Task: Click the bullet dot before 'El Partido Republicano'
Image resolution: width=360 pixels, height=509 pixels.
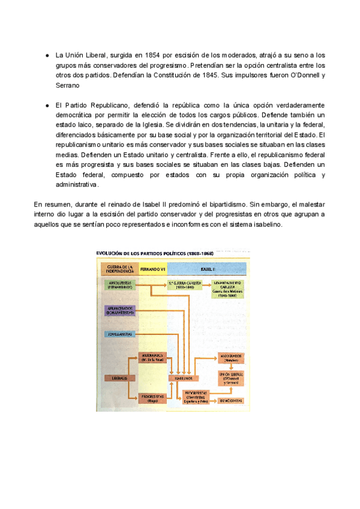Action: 46,105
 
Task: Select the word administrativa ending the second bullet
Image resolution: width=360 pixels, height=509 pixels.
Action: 76,185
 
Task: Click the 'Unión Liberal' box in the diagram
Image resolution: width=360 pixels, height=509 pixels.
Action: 231,376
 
